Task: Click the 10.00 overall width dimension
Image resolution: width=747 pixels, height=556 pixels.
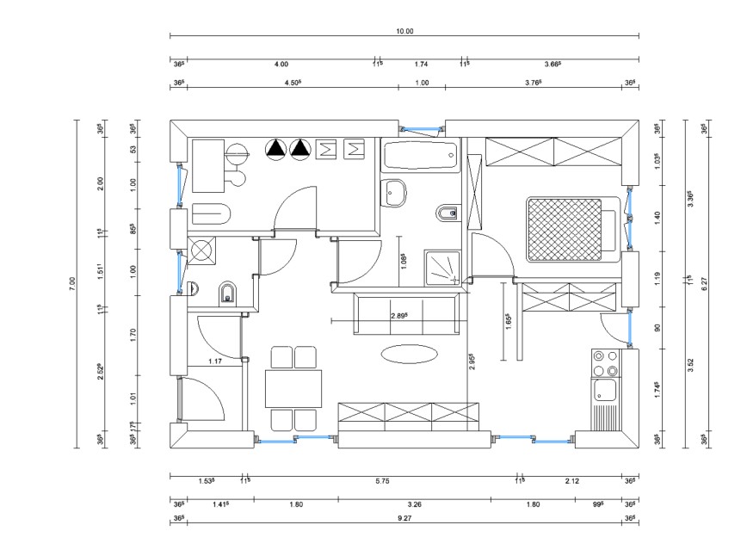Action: click(404, 31)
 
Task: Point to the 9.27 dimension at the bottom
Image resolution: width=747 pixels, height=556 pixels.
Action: click(404, 518)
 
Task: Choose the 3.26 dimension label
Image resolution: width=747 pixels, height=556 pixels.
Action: click(414, 504)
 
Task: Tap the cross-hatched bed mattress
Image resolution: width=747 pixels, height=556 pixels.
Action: click(563, 229)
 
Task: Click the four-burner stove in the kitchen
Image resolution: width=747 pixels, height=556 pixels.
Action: click(606, 363)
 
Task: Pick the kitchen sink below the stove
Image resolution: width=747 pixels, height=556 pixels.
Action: click(605, 392)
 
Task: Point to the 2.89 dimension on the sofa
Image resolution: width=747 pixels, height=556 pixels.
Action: click(399, 316)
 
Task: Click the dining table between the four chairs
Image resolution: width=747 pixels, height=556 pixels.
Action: click(293, 387)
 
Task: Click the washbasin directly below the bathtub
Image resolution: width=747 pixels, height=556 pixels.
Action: click(395, 194)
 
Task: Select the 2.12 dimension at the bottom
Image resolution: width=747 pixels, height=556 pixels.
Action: click(571, 481)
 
